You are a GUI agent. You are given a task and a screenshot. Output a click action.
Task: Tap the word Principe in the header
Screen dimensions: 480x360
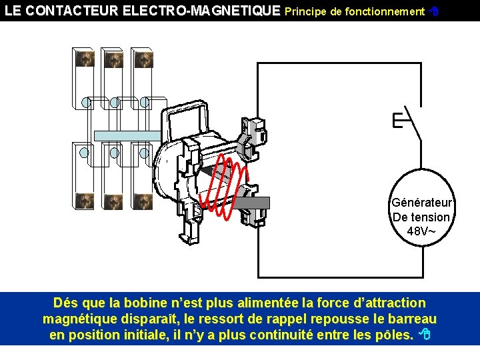click(307, 11)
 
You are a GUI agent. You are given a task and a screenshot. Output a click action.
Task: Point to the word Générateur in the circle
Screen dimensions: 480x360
click(421, 203)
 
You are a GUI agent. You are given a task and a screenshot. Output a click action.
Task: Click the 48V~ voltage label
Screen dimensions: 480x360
click(421, 231)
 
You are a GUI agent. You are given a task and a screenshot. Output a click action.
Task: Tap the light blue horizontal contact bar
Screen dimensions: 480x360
click(127, 135)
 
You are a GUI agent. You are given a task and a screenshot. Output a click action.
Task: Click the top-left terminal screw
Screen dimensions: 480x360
click(84, 59)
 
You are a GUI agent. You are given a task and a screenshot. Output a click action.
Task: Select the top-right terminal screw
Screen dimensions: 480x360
click(143, 59)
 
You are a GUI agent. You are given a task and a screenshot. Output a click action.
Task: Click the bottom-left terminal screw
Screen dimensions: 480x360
click(84, 200)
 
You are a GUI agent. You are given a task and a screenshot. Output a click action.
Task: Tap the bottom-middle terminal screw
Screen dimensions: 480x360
click(113, 200)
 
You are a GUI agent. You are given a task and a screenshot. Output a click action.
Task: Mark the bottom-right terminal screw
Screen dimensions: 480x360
click(143, 200)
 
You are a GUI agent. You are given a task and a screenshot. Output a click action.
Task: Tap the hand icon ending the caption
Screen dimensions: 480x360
click(424, 335)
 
